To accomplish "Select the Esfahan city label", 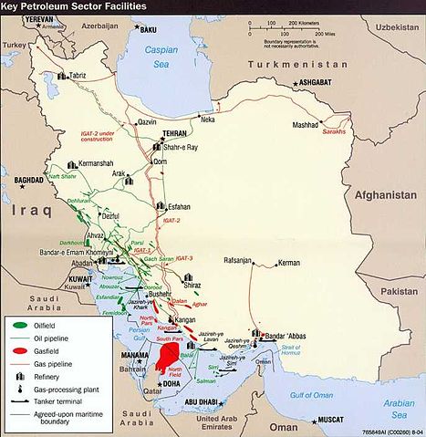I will pos(183,207).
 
